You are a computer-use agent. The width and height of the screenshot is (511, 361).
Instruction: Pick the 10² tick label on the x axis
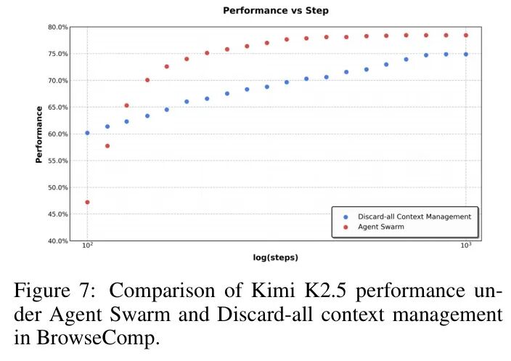point(87,248)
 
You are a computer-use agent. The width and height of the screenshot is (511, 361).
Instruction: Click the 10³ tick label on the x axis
point(466,248)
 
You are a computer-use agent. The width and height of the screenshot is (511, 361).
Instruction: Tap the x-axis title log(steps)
point(277,257)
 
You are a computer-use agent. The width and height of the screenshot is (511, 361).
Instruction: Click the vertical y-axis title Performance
point(38,134)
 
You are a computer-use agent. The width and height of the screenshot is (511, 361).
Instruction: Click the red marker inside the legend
point(346,227)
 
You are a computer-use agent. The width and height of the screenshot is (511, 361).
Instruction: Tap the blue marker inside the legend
point(346,216)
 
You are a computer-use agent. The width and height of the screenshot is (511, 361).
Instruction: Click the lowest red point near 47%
point(87,202)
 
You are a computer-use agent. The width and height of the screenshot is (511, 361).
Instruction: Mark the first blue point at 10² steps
point(87,133)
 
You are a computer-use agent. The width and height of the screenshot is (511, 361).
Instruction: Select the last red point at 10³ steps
point(466,35)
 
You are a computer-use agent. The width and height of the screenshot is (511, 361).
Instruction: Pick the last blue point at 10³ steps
point(466,54)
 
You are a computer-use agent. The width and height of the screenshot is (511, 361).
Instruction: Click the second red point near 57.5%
point(107,146)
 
